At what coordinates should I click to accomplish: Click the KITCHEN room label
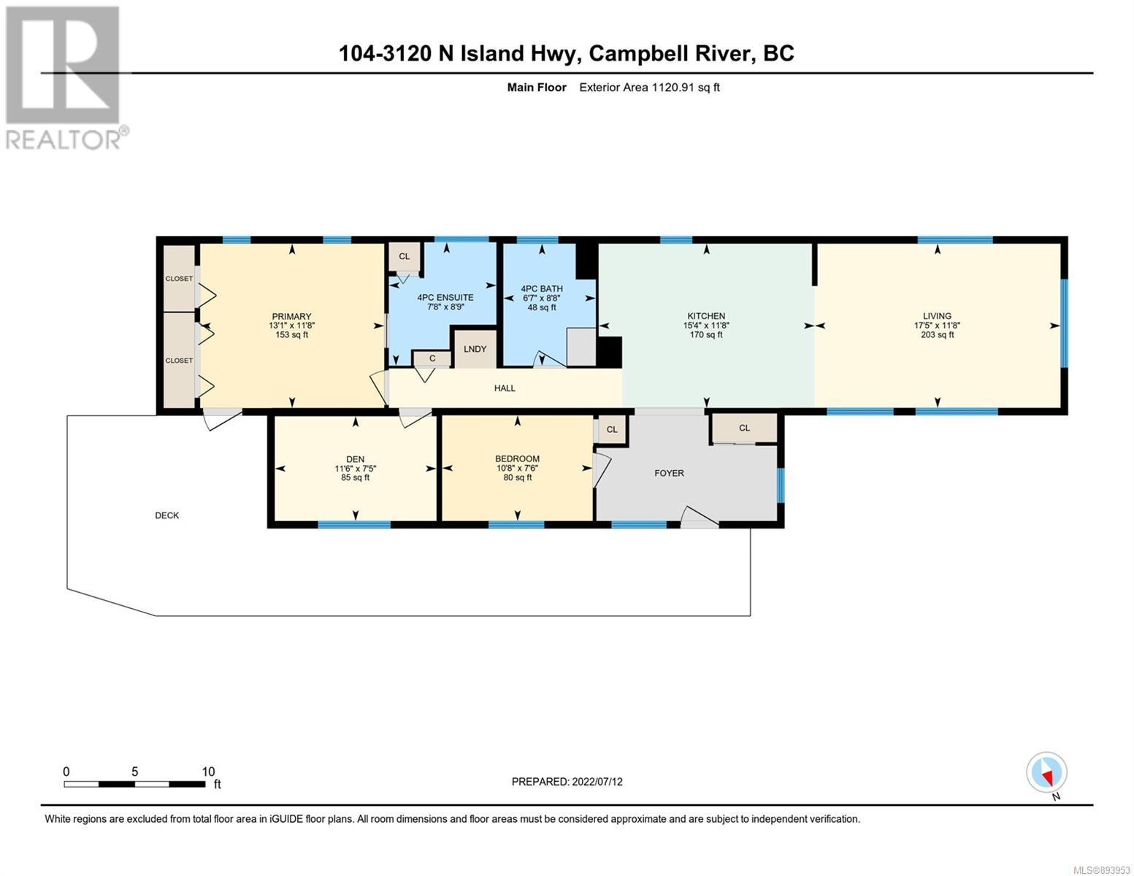pos(706,315)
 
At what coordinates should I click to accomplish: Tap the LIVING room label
pos(937,315)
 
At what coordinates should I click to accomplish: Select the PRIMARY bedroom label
pos(291,316)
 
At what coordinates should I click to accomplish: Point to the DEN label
pos(356,459)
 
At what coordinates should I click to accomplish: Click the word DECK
pos(167,515)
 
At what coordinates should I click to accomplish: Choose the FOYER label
pos(669,473)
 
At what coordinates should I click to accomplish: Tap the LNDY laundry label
pos(475,349)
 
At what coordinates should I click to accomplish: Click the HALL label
pos(505,388)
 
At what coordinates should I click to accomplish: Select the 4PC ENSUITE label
pos(445,297)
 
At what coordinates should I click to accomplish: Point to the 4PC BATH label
pos(542,288)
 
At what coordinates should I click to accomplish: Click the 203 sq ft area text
pos(938,334)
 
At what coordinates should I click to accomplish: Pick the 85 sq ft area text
pos(356,477)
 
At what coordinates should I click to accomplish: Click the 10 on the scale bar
pos(208,772)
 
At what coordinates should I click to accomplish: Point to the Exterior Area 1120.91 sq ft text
pos(649,87)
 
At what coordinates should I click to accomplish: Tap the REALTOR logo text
pos(63,139)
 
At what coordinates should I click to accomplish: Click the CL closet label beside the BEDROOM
pos(612,429)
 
